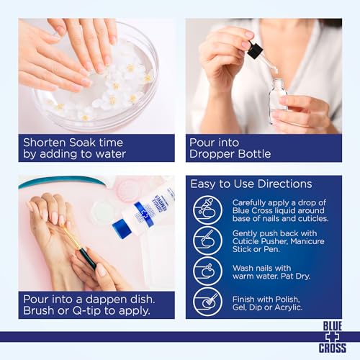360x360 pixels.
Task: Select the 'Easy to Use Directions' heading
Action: pyautogui.click(x=251, y=184)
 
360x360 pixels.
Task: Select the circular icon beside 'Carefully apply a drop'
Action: pyautogui.click(x=208, y=210)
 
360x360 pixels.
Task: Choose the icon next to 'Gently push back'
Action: pyautogui.click(x=208, y=240)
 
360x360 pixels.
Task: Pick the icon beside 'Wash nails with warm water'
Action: pyautogui.click(x=208, y=271)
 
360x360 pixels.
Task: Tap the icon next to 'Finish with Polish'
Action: pyautogui.click(x=208, y=301)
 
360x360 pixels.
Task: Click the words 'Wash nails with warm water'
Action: pyautogui.click(x=263, y=271)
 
